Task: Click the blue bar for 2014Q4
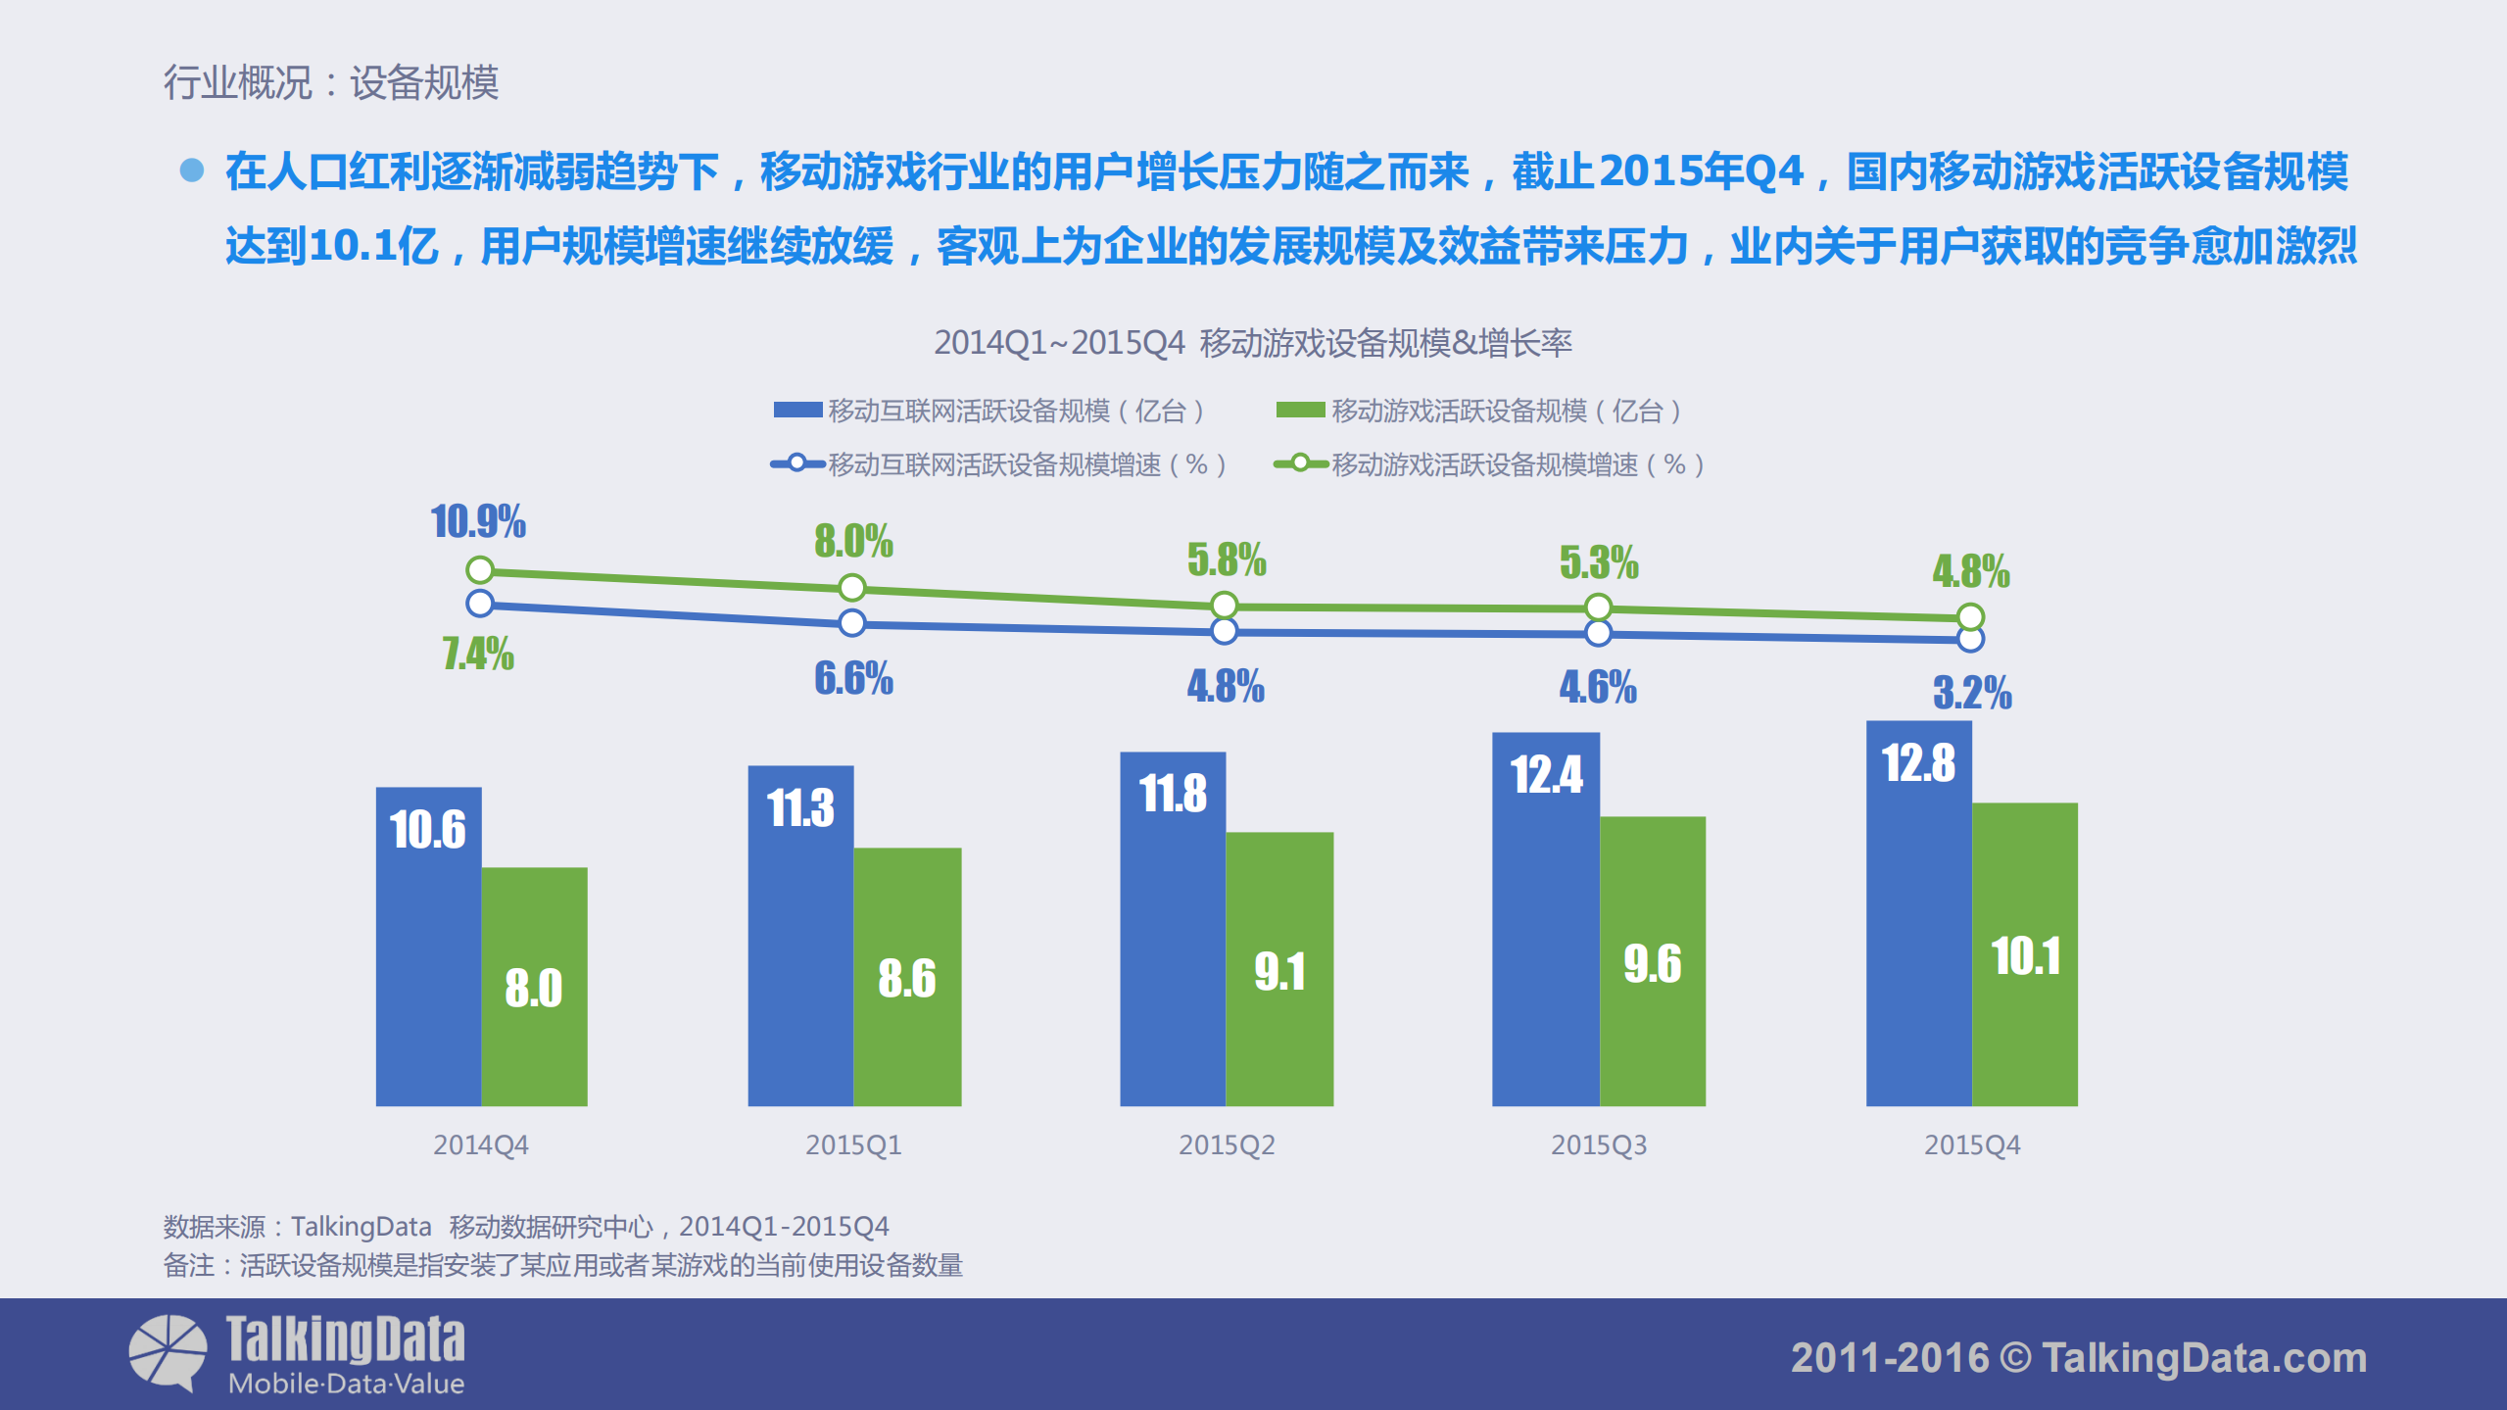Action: pos(428,946)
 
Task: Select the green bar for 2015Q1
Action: pos(907,976)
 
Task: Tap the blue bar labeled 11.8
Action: pos(1173,928)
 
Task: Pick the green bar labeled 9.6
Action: pos(1653,960)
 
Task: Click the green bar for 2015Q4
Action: pos(2025,953)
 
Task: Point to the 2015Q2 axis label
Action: pos(1227,1144)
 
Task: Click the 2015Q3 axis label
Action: pos(1599,1144)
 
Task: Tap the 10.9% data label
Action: pos(478,521)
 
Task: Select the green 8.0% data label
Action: pos(853,541)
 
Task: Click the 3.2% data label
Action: pos(1972,693)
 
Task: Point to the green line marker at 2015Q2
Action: pos(1225,606)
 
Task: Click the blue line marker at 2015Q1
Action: pos(852,622)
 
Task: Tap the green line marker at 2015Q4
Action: pos(1971,616)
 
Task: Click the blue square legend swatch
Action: pos(797,410)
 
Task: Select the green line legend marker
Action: pos(1300,463)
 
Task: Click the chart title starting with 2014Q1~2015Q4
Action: pos(1252,343)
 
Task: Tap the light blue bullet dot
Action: pos(192,170)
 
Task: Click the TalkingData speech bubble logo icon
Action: pos(168,1352)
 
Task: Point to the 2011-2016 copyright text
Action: pos(2078,1358)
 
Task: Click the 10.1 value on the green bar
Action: pos(2026,956)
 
